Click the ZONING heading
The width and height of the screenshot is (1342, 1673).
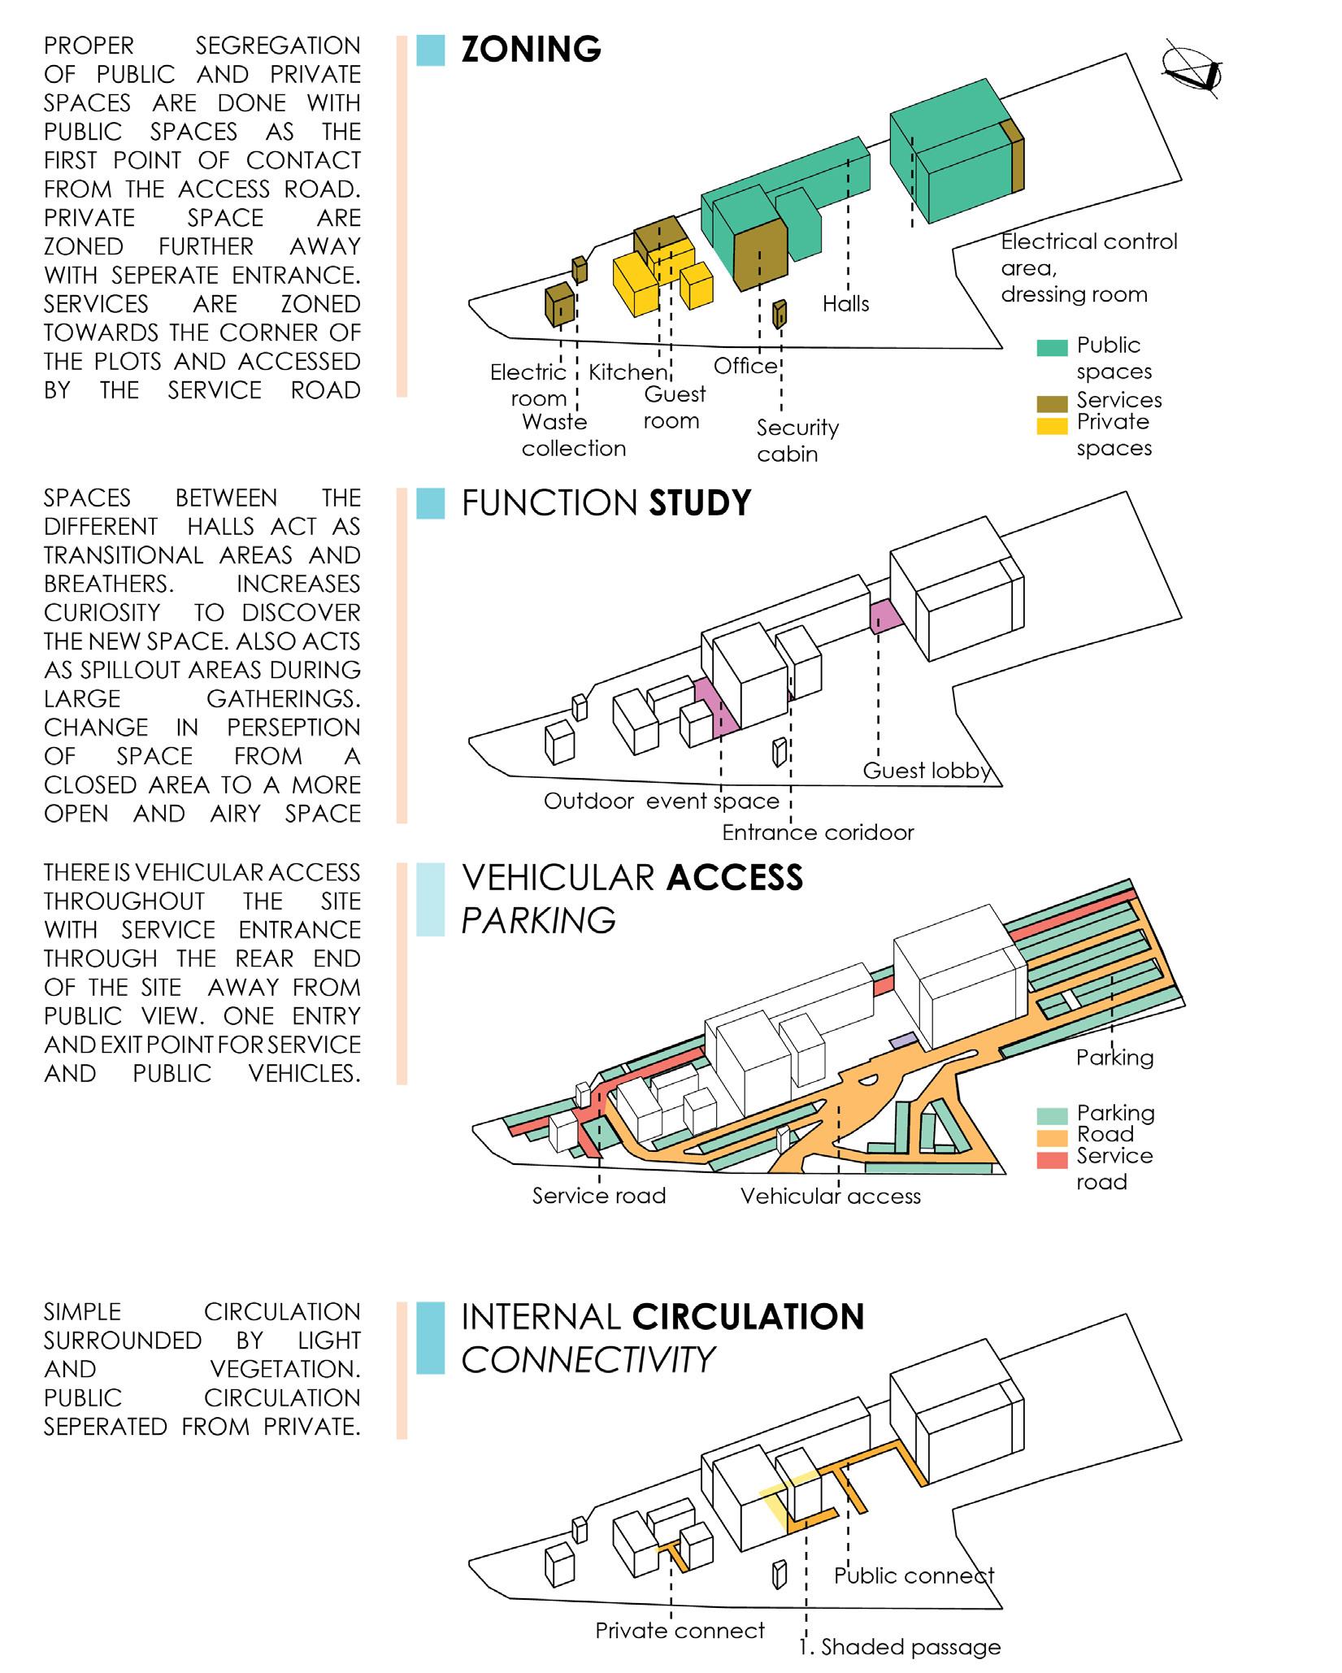(531, 50)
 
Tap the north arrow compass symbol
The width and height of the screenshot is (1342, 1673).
(1192, 73)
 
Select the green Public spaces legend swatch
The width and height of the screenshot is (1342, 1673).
(1051, 348)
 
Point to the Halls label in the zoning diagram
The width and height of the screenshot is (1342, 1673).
(845, 304)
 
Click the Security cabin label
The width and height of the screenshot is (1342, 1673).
(797, 441)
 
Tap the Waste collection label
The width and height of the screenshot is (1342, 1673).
(574, 435)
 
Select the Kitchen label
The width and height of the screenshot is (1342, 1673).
(628, 372)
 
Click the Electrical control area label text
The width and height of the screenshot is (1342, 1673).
(1088, 267)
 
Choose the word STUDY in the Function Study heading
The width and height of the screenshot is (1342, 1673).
(700, 503)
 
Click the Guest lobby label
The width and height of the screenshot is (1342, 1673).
(926, 771)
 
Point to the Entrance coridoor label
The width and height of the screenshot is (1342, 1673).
(818, 832)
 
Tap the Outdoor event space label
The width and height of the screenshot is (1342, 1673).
(662, 802)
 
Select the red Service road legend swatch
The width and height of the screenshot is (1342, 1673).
(1051, 1161)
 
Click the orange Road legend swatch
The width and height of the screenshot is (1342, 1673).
(1051, 1138)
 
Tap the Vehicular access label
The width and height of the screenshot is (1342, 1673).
(830, 1196)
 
